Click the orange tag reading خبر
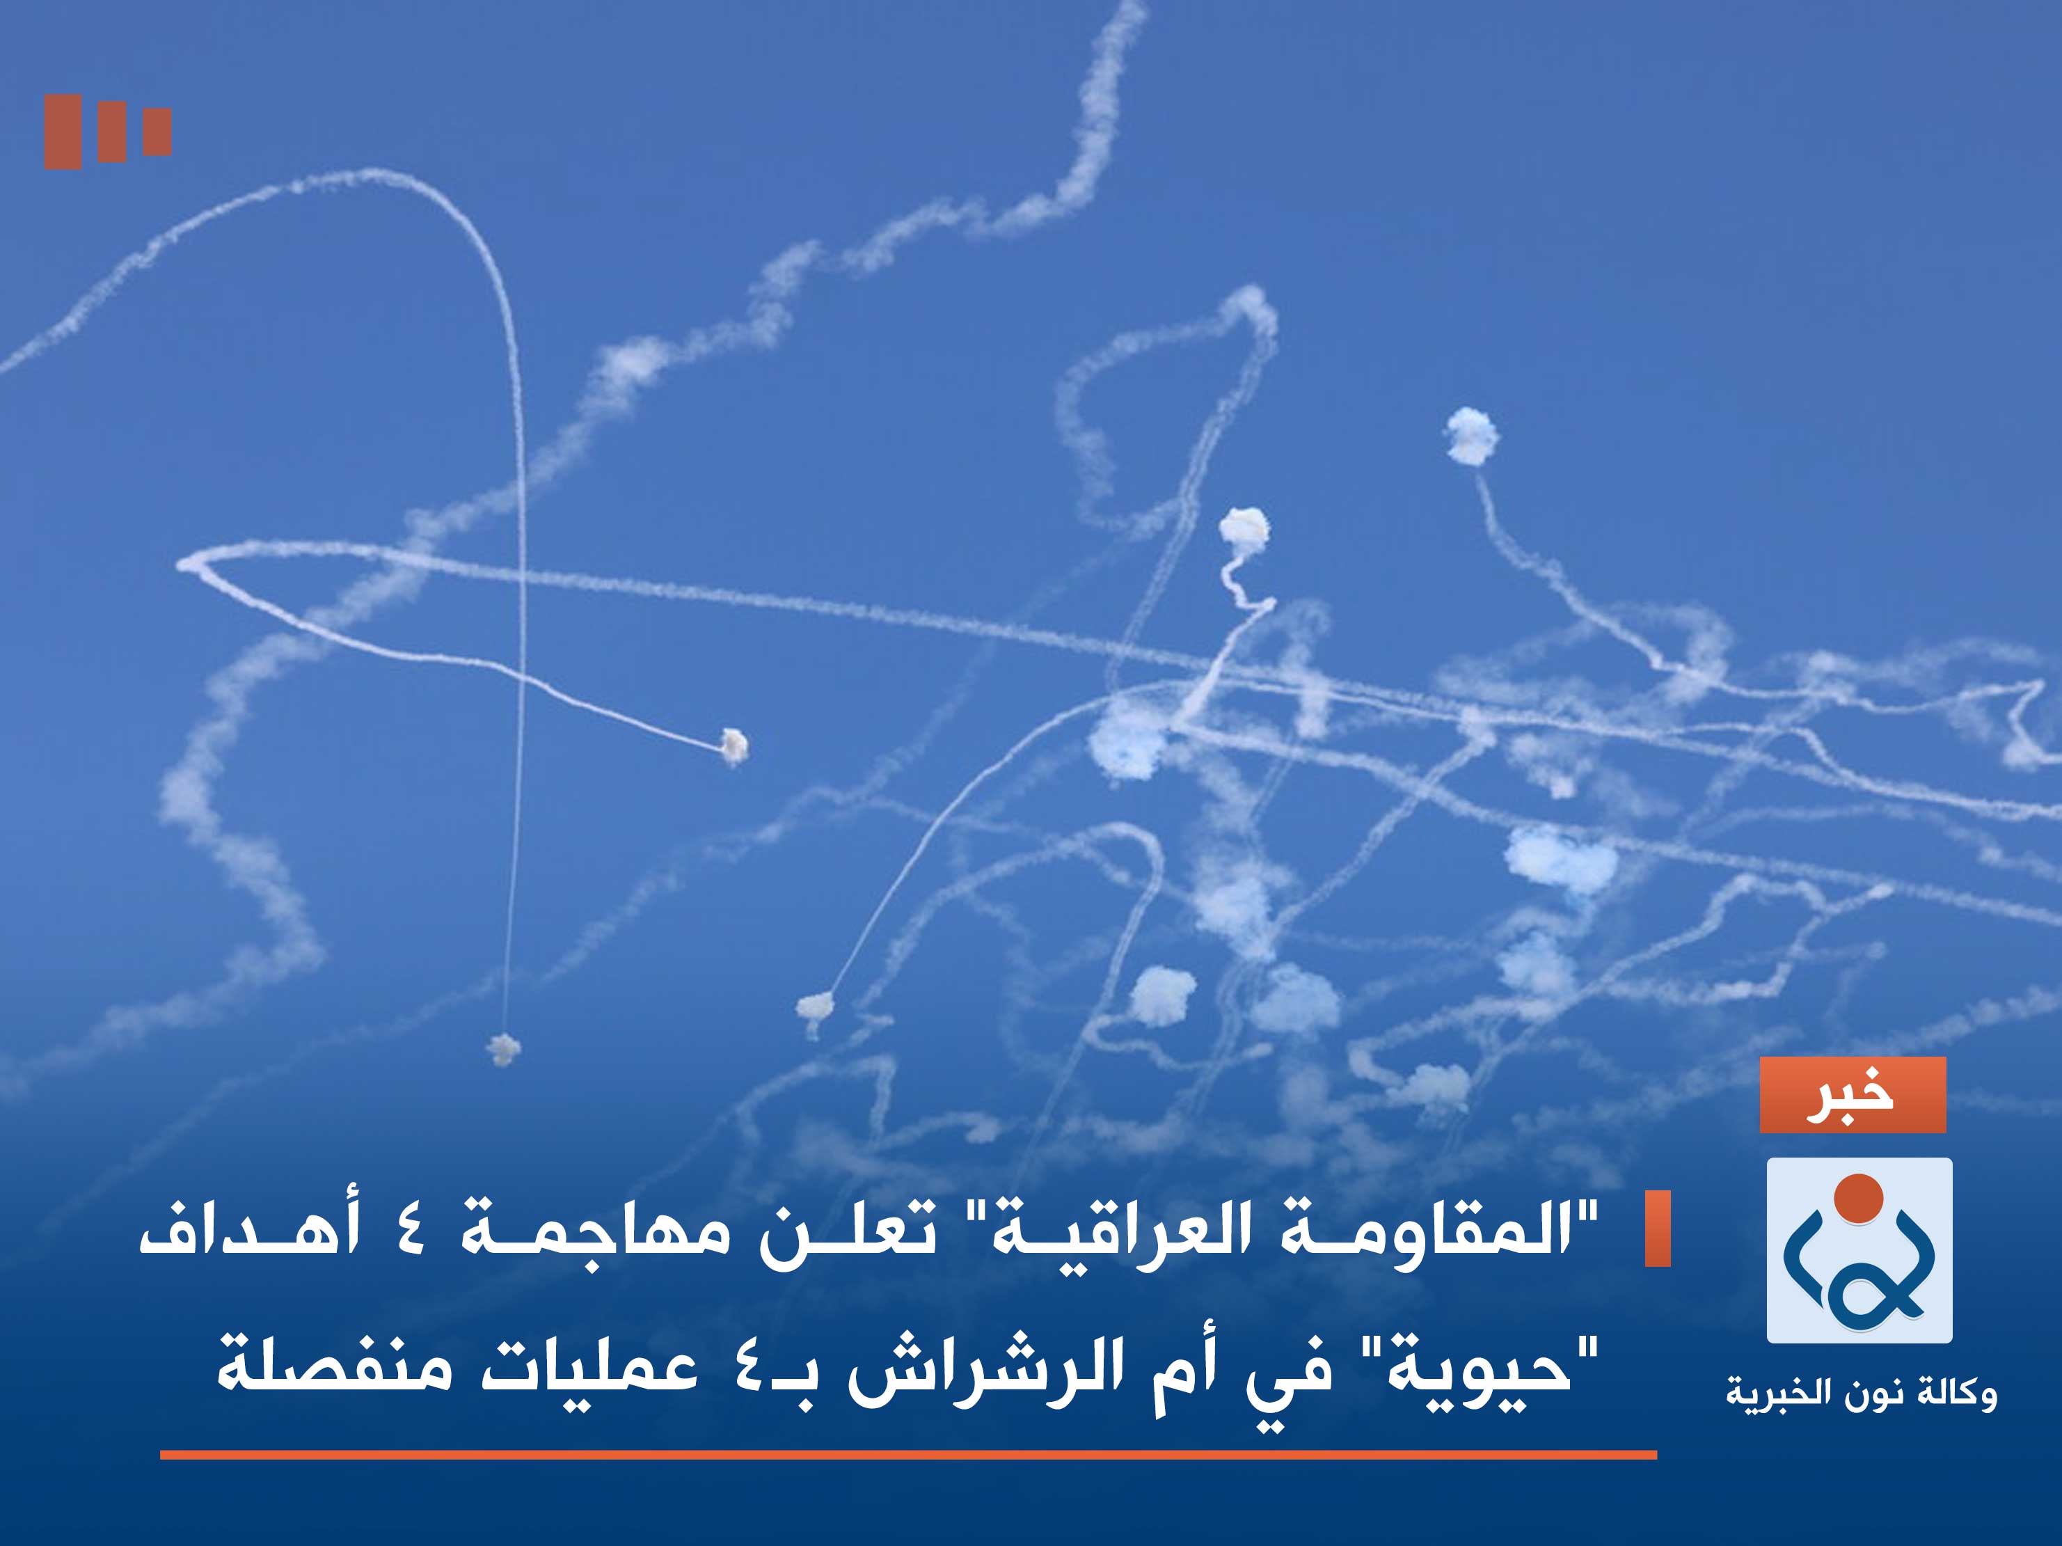coord(1853,1095)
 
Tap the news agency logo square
coord(1859,1249)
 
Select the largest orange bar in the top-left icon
coord(63,132)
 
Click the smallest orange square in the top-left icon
coord(157,132)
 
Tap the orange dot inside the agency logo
coord(1858,1198)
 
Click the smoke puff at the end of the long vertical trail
coord(503,1048)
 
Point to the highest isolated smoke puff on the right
coord(1471,436)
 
